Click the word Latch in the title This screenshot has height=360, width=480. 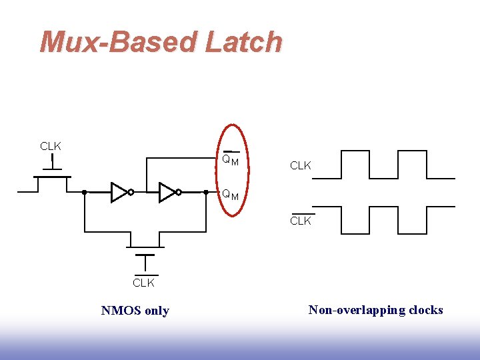[x=245, y=42]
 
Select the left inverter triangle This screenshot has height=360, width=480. [x=119, y=192]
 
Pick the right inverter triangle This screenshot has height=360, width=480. [x=167, y=192]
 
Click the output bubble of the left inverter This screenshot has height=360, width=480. [x=131, y=192]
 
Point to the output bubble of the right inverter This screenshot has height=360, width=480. [x=179, y=192]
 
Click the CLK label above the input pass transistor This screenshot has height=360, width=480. [x=51, y=146]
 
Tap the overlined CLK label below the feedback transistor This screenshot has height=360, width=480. [x=144, y=283]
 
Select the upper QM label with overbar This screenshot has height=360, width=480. [x=231, y=160]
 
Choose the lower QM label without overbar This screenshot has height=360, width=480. [x=231, y=195]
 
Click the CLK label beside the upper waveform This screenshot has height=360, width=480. [x=301, y=165]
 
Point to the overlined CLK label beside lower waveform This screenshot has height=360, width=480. [x=301, y=221]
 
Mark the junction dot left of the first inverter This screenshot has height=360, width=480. [x=85, y=192]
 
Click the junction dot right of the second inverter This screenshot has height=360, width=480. [x=206, y=192]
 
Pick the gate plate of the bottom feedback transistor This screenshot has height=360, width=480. [x=144, y=254]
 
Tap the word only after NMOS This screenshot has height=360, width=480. [x=156, y=311]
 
